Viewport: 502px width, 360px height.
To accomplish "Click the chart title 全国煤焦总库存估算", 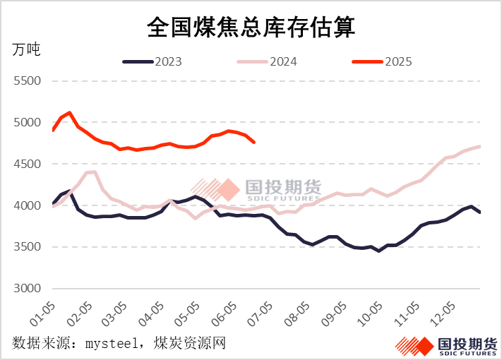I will click(251, 28).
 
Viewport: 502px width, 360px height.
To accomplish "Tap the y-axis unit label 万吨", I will click(27, 50).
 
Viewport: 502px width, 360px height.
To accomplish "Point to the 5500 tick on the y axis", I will click(28, 81).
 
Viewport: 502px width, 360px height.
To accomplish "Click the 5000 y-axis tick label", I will click(28, 123).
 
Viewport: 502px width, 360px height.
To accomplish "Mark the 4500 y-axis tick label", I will click(28, 164).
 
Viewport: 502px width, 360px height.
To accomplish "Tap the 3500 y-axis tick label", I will click(28, 248).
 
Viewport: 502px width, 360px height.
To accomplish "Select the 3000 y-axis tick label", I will click(28, 289).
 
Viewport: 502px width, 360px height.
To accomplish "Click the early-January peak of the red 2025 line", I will click(69, 113).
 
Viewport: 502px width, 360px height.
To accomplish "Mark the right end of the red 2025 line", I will click(253, 142).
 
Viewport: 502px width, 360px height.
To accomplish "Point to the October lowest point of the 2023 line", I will click(379, 251).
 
